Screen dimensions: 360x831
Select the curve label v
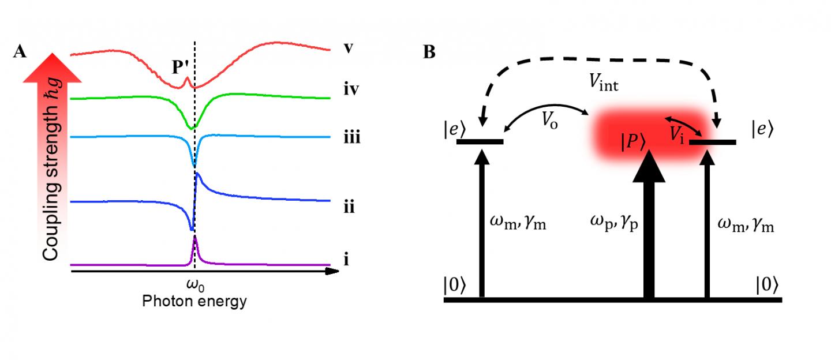pos(348,48)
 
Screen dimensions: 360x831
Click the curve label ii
pos(349,207)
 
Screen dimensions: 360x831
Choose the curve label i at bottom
pos(346,260)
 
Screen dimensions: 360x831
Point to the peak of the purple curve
pos(195,237)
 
